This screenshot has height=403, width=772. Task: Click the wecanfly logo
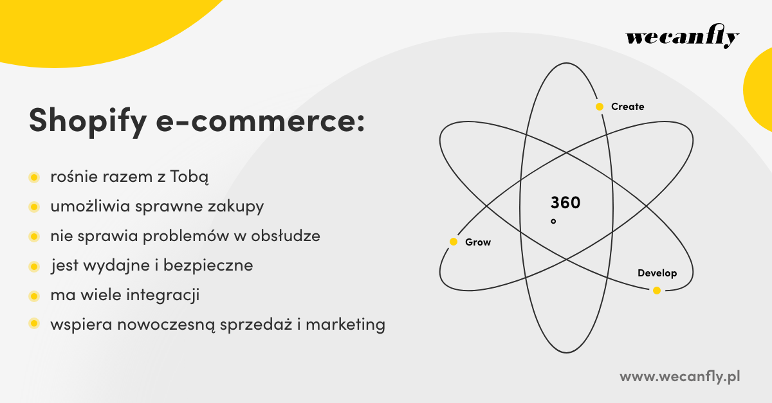tap(683, 38)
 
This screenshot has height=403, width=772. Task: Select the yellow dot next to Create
tap(600, 107)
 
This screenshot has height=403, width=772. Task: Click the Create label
tap(627, 107)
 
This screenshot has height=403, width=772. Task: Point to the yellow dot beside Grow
tap(454, 242)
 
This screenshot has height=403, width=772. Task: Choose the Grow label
tap(478, 242)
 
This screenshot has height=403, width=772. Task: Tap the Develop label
tap(657, 273)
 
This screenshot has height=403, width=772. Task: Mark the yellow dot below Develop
tap(657, 291)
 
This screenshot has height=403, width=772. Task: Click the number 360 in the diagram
tap(565, 203)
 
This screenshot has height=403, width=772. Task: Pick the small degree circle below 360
tap(553, 221)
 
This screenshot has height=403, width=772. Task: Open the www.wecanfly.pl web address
tap(679, 377)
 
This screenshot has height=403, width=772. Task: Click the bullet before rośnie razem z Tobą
tap(33, 177)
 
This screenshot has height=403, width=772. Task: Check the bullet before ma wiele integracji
tap(33, 296)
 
